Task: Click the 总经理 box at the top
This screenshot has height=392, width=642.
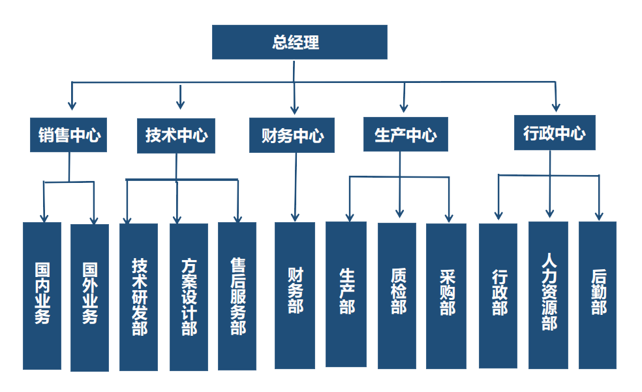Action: (299, 42)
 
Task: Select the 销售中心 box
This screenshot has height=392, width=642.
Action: (69, 135)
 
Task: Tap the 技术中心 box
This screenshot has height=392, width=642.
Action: (176, 135)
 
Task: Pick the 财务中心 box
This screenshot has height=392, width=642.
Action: (292, 136)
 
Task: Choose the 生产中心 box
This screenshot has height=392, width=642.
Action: (405, 135)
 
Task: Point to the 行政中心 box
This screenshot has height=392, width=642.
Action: (555, 133)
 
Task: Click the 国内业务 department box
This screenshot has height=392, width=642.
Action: (42, 296)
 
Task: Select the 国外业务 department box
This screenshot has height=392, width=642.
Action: (89, 297)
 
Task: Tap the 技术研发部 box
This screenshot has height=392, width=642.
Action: (139, 297)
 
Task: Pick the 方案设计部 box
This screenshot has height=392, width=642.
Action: (189, 297)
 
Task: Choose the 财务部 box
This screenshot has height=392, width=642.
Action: (294, 295)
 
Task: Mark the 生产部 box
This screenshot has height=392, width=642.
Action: (346, 294)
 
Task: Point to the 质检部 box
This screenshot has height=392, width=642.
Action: (397, 295)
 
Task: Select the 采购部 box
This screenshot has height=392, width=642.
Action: (446, 296)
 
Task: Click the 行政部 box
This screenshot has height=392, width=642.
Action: (498, 295)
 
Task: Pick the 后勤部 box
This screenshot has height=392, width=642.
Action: (598, 295)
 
